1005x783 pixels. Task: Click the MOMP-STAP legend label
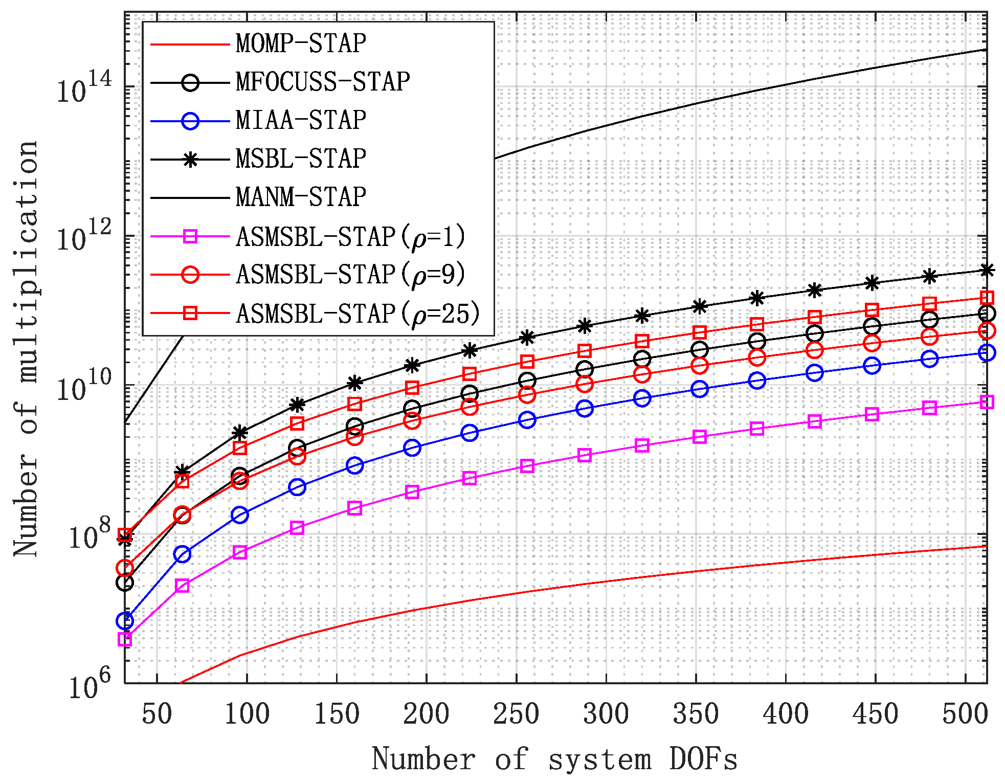(301, 43)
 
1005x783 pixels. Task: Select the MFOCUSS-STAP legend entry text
(323, 82)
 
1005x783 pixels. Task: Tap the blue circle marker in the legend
(190, 121)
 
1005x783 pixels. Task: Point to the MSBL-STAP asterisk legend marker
(190, 160)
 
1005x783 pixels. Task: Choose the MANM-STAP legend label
(301, 197)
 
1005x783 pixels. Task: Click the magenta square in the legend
(190, 236)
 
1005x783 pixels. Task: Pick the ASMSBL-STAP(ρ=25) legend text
(358, 313)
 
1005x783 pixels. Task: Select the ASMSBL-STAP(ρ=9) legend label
(351, 275)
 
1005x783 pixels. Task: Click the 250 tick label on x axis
(516, 713)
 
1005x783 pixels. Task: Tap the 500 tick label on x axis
(965, 713)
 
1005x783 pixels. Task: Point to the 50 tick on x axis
(157, 713)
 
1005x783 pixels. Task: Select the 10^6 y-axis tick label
(89, 685)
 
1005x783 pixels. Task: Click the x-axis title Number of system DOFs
(555, 759)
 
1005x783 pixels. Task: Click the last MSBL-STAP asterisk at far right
(987, 270)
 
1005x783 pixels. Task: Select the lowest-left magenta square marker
(125, 639)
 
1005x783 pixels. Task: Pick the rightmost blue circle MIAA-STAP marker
(987, 352)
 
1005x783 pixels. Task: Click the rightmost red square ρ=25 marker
(987, 298)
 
